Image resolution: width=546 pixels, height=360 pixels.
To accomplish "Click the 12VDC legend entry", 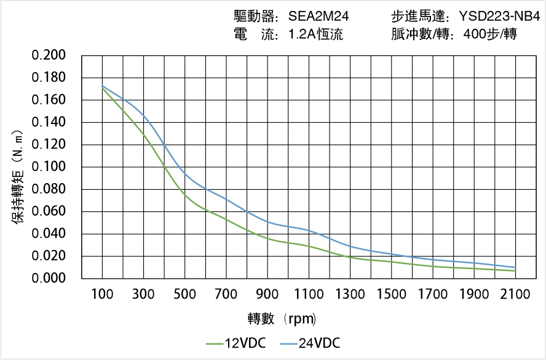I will point(236,343).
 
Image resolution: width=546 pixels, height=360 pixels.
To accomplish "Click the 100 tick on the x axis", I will point(102,294).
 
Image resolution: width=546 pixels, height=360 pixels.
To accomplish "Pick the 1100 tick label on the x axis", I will point(309,294).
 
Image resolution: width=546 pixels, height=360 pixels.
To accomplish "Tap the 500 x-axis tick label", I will point(184,294).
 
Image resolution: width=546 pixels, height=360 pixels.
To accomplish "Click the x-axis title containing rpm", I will point(282,319).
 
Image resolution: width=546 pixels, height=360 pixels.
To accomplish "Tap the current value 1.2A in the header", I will point(303,34).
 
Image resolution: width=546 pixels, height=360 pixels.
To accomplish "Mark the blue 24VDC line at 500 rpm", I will point(184,174).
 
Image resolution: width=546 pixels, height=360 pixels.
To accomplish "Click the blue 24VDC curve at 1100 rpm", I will point(309,231).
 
